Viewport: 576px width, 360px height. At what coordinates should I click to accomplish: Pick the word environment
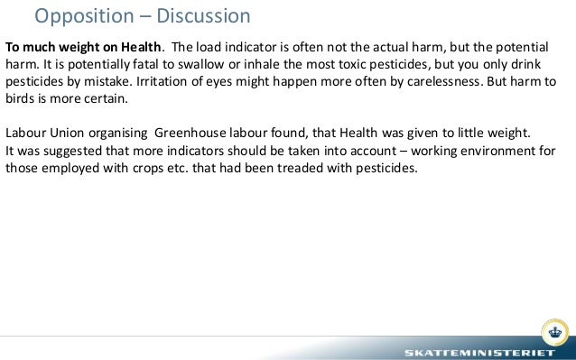pos(478,150)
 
